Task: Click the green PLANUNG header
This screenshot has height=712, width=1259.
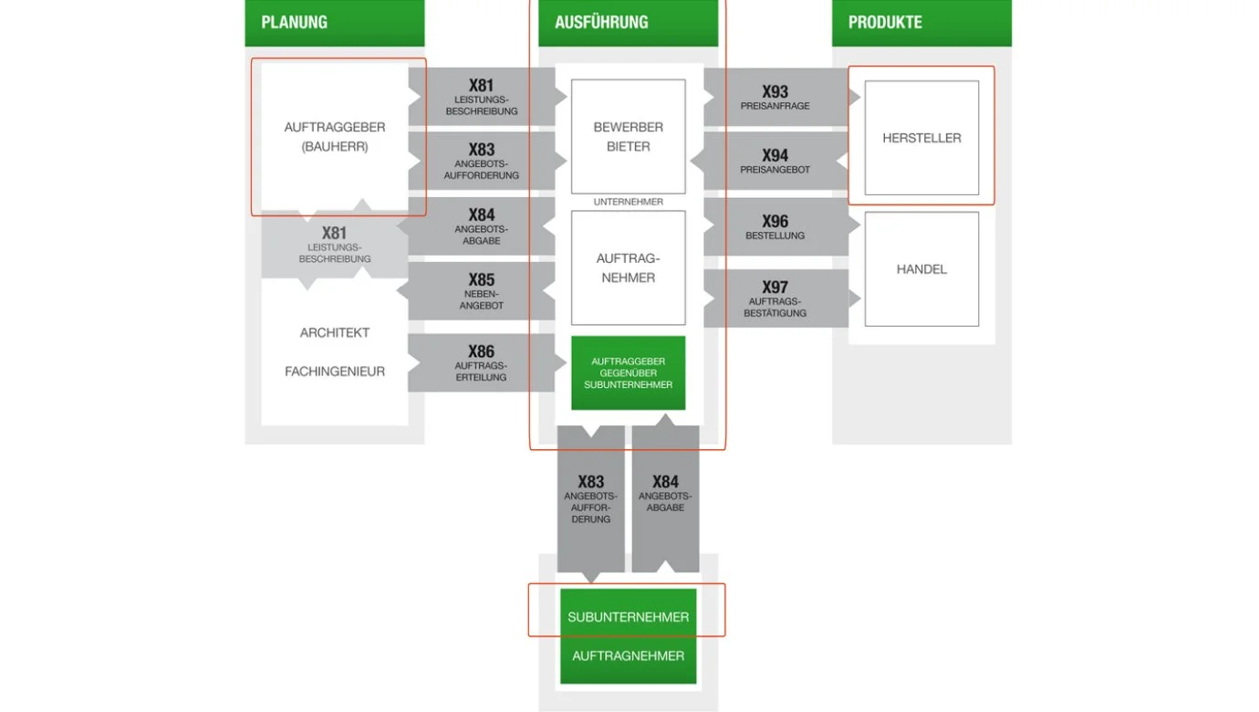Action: (x=334, y=23)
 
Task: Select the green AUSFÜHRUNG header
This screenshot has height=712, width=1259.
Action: (x=628, y=23)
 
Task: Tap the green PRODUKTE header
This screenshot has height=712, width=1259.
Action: (x=921, y=23)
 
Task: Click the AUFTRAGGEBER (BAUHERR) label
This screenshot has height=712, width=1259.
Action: (x=334, y=137)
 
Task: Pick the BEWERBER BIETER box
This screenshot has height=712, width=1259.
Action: (x=628, y=137)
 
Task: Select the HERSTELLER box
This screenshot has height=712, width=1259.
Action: (x=921, y=138)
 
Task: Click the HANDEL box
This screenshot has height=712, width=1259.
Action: (x=921, y=269)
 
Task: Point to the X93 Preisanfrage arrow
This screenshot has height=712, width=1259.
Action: (x=775, y=97)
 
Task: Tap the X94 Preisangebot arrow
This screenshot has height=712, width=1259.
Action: (x=775, y=161)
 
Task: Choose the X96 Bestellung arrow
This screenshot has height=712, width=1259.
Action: (x=775, y=226)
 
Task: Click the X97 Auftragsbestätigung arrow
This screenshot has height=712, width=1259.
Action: (x=775, y=298)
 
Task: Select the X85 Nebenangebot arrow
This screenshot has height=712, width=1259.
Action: (x=481, y=290)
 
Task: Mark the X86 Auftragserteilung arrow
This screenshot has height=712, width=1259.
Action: (x=481, y=361)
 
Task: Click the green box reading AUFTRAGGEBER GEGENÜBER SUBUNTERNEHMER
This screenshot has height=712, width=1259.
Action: (x=628, y=372)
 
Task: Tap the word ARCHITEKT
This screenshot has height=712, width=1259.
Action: (x=334, y=332)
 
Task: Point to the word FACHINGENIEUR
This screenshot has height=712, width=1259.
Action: (x=334, y=372)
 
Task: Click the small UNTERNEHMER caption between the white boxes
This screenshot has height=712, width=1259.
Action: (x=628, y=202)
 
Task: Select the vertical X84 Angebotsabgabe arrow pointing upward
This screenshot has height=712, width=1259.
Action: (x=665, y=497)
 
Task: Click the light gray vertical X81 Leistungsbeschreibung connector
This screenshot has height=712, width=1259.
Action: (x=334, y=244)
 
